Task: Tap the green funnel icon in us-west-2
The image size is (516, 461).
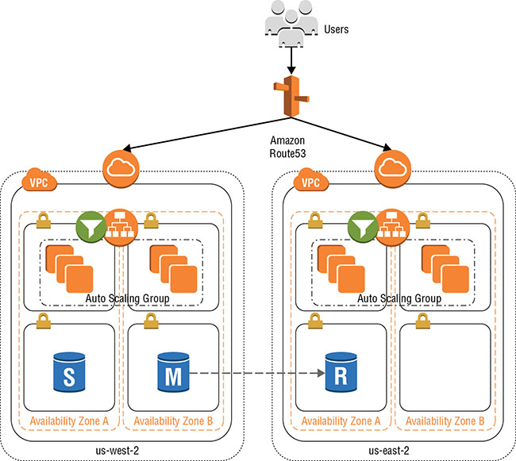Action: click(90, 227)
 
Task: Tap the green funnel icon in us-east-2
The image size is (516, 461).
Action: click(363, 227)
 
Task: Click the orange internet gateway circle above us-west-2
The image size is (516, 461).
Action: click(119, 167)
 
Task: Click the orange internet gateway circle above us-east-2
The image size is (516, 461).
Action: click(391, 167)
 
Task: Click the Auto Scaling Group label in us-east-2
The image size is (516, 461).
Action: click(399, 299)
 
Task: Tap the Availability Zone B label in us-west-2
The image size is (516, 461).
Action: click(171, 420)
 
